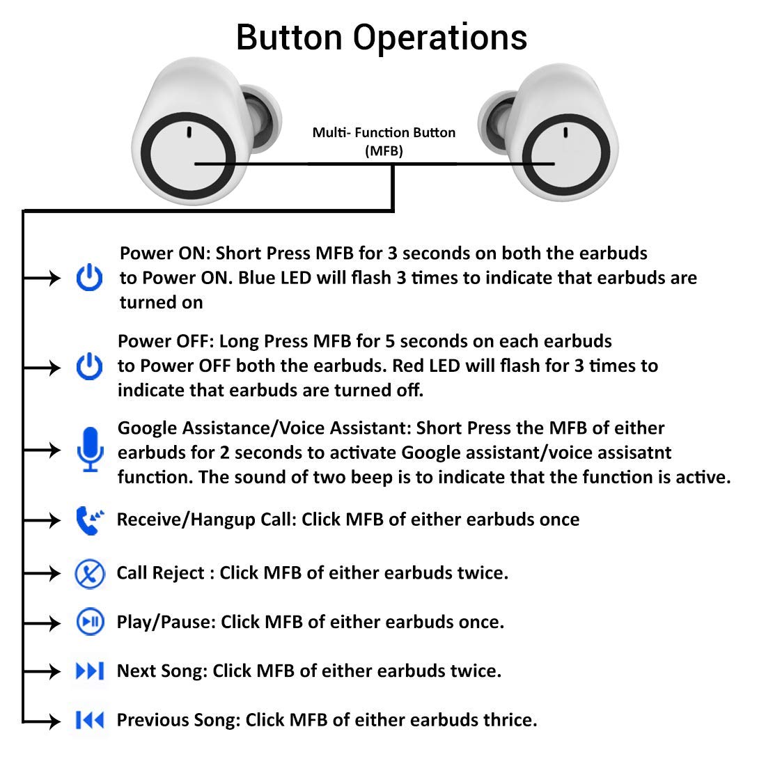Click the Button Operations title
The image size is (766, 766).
click(382, 36)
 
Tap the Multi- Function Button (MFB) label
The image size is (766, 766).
click(384, 141)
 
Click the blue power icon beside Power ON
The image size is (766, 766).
click(89, 278)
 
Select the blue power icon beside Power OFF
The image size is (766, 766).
click(89, 366)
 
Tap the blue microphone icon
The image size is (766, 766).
click(90, 450)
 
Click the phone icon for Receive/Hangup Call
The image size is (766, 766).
click(89, 520)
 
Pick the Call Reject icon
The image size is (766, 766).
click(90, 574)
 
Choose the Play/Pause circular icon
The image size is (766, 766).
click(90, 622)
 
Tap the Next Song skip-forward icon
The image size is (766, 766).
click(90, 671)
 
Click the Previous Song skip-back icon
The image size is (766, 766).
click(90, 720)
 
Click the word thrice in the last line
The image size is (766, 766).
click(510, 720)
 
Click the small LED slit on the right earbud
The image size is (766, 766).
click(565, 132)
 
